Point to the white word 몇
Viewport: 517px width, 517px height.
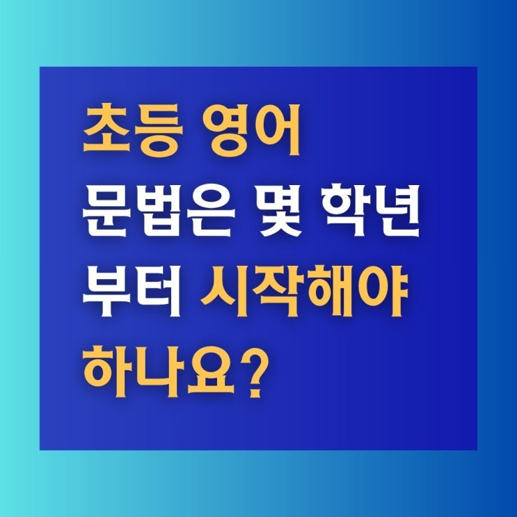tap(281, 210)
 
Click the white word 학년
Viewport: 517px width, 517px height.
tap(372, 210)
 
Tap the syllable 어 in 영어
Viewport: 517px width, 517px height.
tap(276, 130)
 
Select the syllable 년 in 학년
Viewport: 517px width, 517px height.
tap(397, 210)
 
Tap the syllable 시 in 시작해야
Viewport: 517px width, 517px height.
tap(224, 291)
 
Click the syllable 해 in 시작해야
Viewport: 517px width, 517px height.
tap(328, 291)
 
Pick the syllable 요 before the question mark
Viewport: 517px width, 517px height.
tap(210, 372)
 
